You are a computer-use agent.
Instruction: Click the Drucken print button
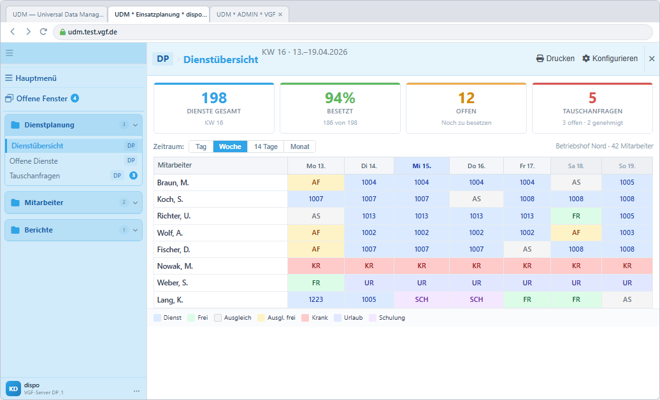(555, 59)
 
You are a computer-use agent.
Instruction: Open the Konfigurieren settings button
(610, 59)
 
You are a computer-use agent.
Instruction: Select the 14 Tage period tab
(266, 146)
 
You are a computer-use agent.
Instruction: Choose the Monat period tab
(299, 146)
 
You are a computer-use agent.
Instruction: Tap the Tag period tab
(201, 146)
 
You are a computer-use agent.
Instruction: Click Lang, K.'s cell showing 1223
(316, 299)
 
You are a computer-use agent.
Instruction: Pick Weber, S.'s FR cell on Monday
(316, 283)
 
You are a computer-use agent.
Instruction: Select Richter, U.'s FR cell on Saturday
(576, 216)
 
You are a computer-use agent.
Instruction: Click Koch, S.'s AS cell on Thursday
(476, 199)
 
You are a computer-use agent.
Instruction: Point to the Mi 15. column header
(421, 166)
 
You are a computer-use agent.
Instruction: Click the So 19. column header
(627, 166)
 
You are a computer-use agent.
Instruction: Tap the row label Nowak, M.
(175, 266)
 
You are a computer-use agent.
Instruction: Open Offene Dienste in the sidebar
(34, 161)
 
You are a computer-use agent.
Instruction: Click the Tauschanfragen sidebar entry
(34, 176)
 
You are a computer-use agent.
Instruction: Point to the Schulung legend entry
(387, 318)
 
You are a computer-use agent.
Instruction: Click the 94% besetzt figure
(340, 98)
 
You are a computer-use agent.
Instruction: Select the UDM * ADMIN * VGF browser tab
(249, 14)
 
